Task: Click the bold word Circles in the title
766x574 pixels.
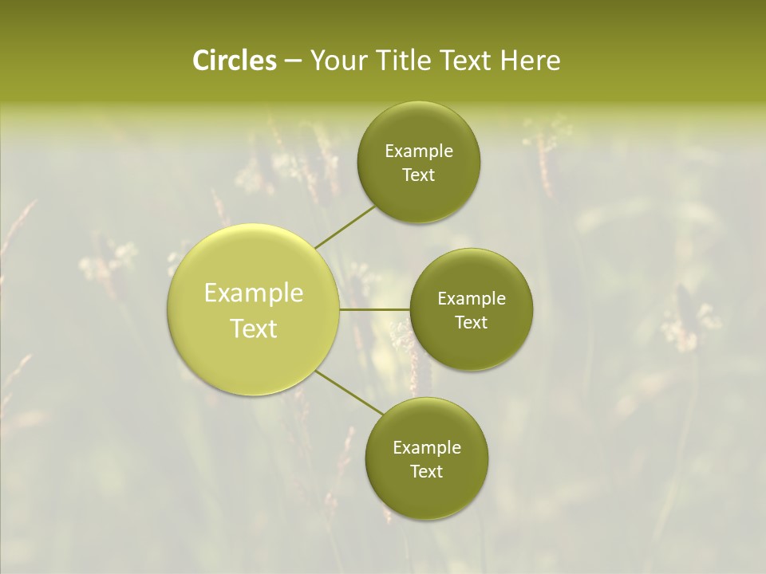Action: [x=234, y=61]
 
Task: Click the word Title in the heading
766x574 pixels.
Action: [x=404, y=61]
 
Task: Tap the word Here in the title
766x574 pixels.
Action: [x=530, y=61]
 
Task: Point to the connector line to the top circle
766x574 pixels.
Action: [x=345, y=226]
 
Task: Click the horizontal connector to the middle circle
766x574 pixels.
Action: [x=374, y=309]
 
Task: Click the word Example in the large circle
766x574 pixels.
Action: [x=254, y=293]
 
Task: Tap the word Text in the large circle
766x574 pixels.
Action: [x=254, y=328]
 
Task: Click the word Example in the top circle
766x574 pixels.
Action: [x=419, y=151]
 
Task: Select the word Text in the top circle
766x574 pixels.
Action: [x=419, y=175]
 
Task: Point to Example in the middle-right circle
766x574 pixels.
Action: [x=472, y=299]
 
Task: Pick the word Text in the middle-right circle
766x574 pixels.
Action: [x=472, y=323]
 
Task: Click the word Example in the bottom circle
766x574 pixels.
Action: [x=427, y=448]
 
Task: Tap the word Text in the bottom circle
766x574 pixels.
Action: [x=427, y=472]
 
